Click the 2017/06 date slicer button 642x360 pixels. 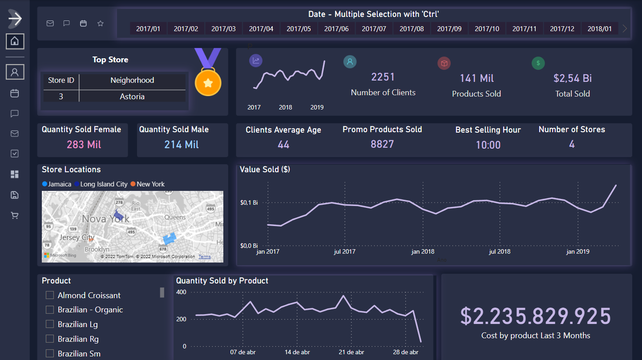pos(336,28)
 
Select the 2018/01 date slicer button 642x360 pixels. pos(599,28)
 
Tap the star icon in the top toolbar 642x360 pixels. pos(101,24)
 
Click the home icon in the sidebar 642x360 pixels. pos(15,41)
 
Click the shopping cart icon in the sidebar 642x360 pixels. pos(15,216)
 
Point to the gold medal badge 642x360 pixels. pos(208,81)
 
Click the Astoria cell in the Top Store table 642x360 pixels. pos(132,97)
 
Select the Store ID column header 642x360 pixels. pos(61,81)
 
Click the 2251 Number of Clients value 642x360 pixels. pos(383,77)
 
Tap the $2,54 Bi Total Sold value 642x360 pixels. pos(573,78)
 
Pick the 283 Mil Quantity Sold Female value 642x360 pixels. pos(84,145)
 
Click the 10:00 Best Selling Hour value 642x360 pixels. pos(488,145)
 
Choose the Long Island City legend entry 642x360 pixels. pos(104,184)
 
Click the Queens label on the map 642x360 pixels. pos(175,217)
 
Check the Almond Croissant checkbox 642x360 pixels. pos(50,295)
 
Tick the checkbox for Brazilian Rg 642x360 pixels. pos(50,339)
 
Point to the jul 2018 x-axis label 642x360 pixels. pos(500,252)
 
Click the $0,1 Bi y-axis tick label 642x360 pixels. pos(249,203)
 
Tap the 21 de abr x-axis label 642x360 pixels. pos(352,352)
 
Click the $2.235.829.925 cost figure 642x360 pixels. pos(536,316)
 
